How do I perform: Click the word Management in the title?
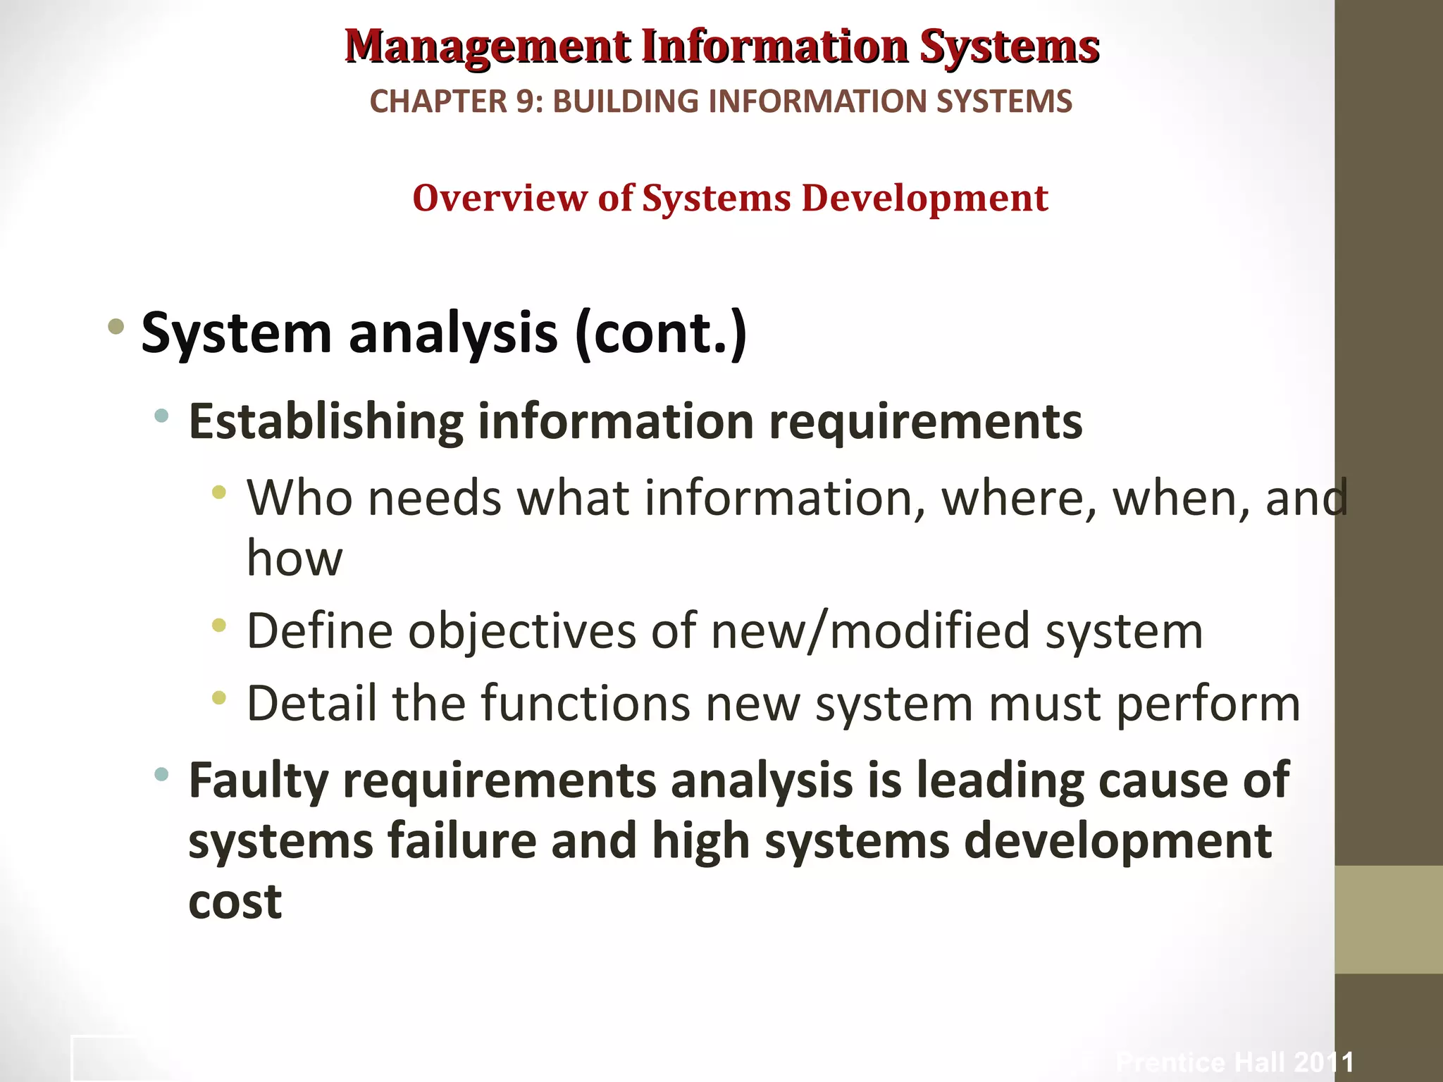488,46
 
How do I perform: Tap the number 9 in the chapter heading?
526,101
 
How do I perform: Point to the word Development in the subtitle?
924,198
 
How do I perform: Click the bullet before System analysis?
116,326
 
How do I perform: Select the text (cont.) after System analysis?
661,332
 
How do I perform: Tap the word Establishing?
326,422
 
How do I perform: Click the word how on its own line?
295,558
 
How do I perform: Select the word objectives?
521,630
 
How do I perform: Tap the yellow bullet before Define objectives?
219,624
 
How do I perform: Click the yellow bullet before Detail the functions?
219,698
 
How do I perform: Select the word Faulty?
259,782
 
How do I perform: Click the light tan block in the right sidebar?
1389,919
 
